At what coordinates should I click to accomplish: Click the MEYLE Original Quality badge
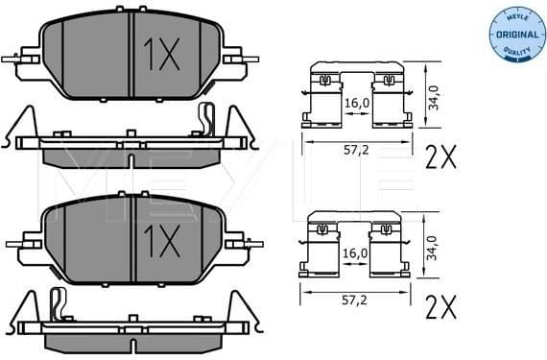pos(513,35)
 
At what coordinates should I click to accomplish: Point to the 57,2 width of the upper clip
pos(357,151)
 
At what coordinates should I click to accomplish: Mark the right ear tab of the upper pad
pos(236,60)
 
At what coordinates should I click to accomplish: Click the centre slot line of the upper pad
pos(129,58)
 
